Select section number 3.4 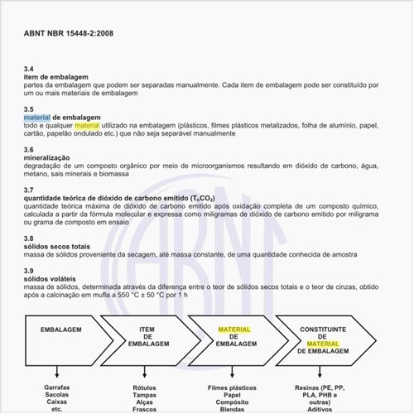tap(29, 68)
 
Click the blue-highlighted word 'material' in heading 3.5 tap(36, 117)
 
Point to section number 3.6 tap(29, 149)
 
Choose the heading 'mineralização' tap(47, 157)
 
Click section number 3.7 tap(29, 190)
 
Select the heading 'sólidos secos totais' tap(56, 246)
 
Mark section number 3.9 tap(29, 271)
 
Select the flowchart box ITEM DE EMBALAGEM tap(150, 336)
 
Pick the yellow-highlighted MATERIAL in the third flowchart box tap(234, 330)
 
